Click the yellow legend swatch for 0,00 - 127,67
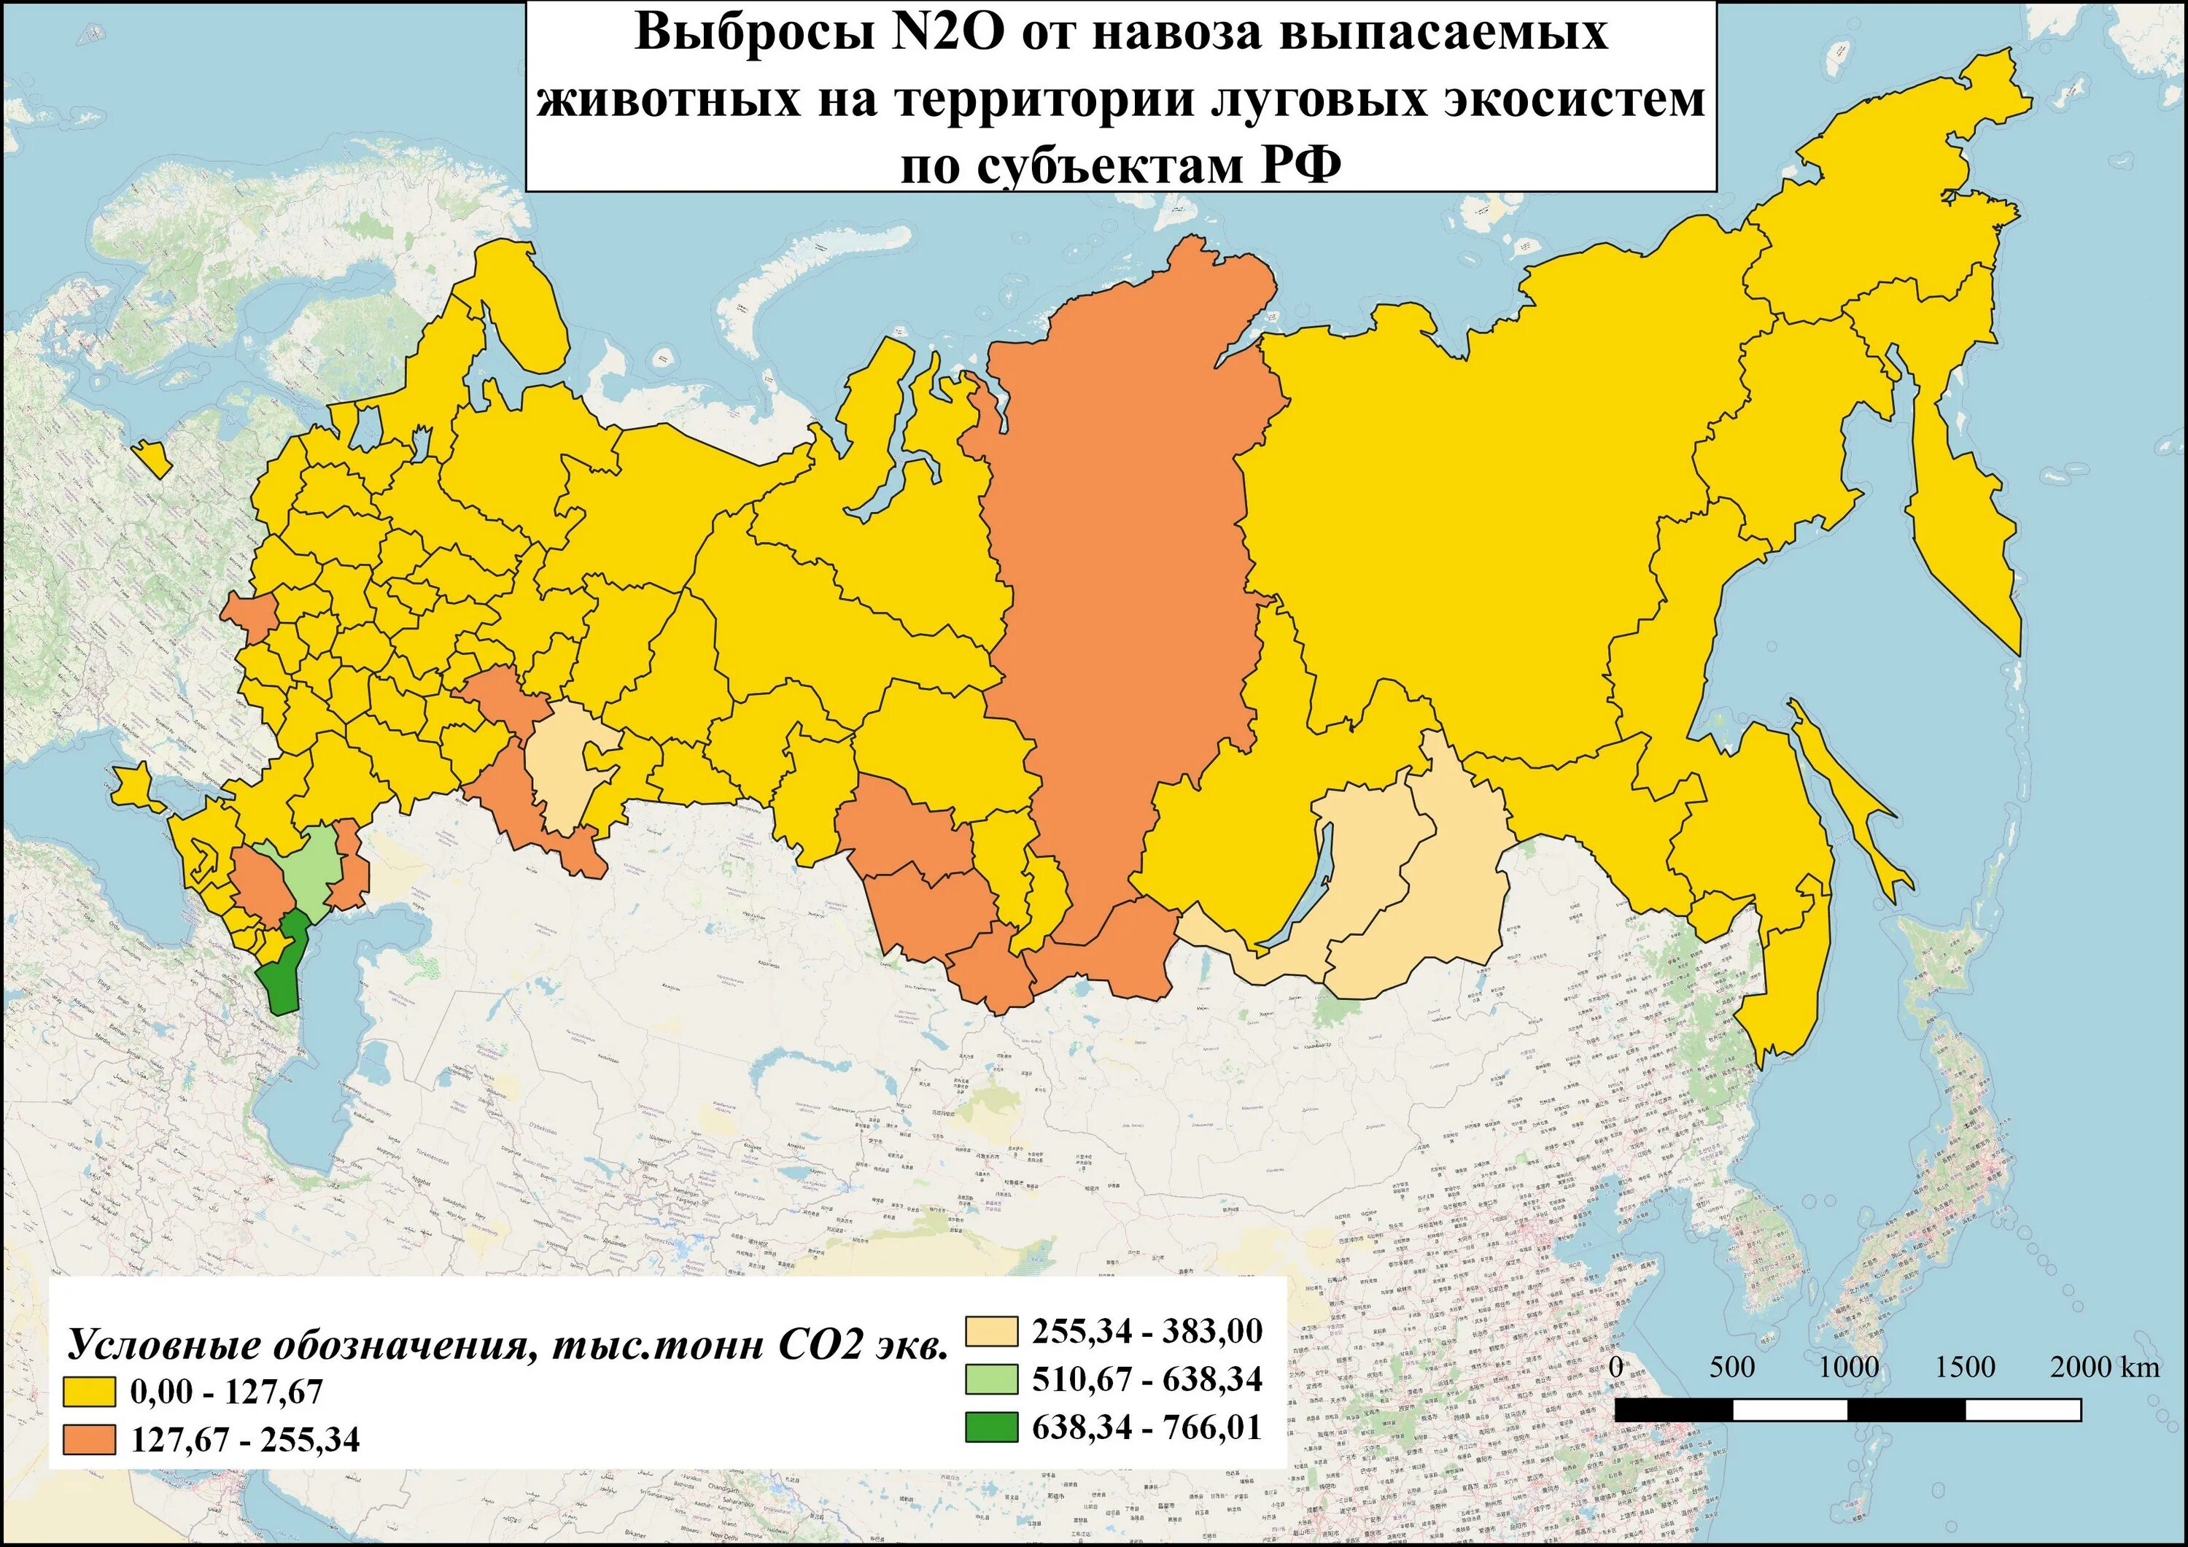89,1392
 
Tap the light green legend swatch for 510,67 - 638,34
991,1379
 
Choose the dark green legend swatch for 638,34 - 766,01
991,1427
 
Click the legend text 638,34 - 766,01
1147,1427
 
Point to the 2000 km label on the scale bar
2104,1367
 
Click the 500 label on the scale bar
1731,1367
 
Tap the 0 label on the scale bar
1616,1367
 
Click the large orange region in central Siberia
1125,572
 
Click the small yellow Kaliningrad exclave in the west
152,459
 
